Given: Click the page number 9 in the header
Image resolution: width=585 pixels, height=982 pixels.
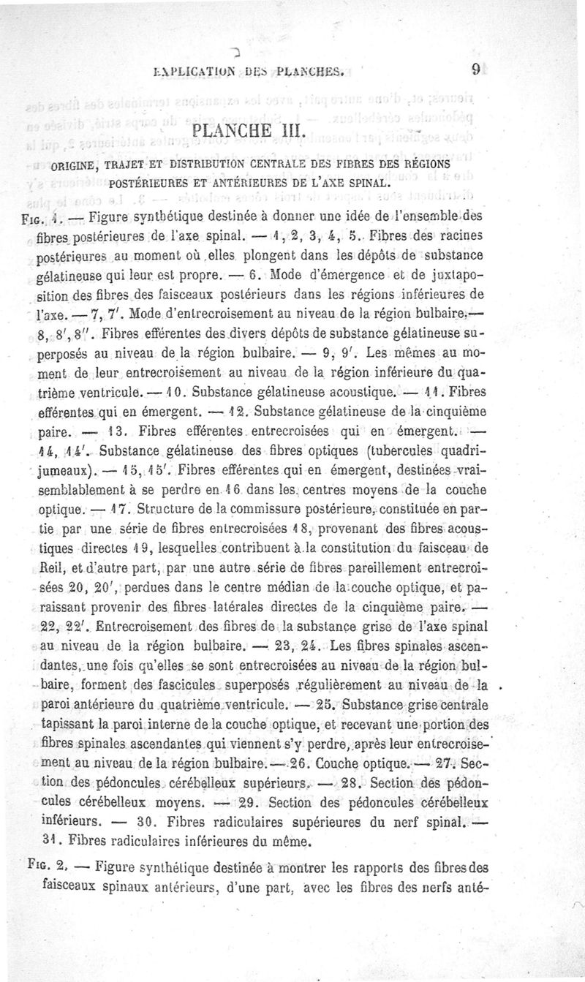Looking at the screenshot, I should tap(475, 70).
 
